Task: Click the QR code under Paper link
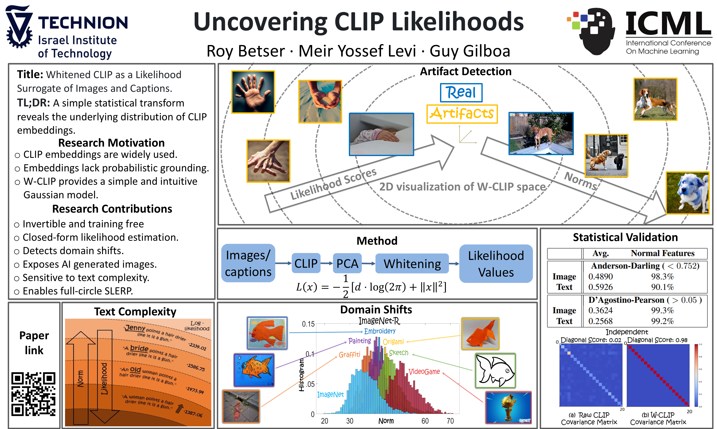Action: [x=33, y=394]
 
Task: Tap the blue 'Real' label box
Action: [x=461, y=93]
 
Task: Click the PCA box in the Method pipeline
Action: [x=347, y=263]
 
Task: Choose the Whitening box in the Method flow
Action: [x=412, y=264]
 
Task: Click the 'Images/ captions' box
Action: [x=248, y=263]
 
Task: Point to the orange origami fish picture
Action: [x=480, y=334]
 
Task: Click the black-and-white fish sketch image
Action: [x=495, y=371]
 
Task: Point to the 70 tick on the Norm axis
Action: [x=450, y=421]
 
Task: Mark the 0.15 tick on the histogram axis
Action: [x=308, y=324]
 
